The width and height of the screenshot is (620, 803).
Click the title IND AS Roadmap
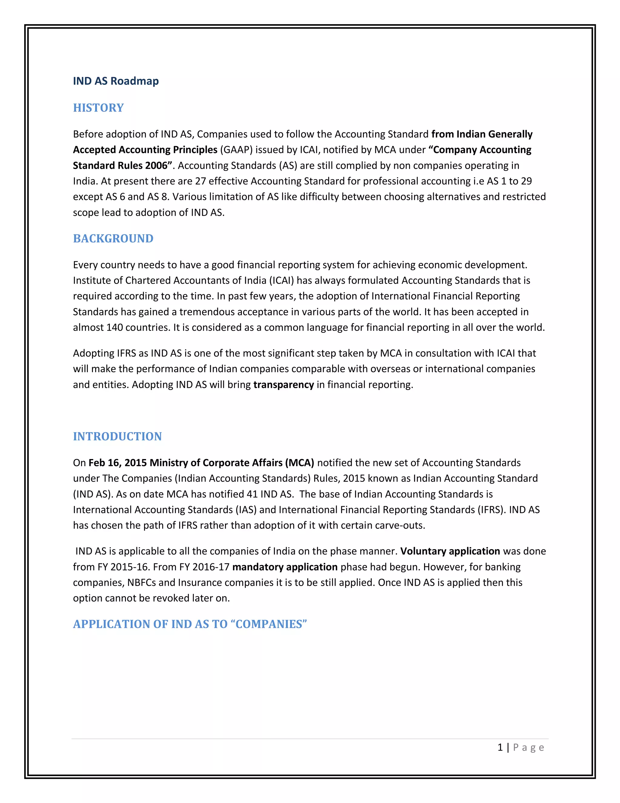(x=116, y=81)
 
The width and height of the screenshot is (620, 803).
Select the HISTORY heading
(x=98, y=108)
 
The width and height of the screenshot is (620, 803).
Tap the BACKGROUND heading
(x=113, y=238)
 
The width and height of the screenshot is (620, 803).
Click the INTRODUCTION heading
(x=117, y=436)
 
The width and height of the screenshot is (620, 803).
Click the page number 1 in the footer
(x=500, y=748)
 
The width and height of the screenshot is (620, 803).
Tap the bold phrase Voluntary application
(x=450, y=551)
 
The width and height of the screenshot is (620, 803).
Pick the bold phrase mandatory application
(x=285, y=567)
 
